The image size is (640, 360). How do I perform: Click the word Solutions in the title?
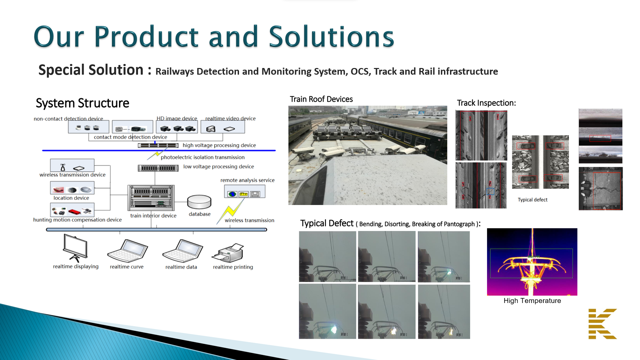coord(331,37)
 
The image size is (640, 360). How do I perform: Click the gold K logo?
coord(602,324)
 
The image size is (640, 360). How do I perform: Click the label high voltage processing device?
coord(219,145)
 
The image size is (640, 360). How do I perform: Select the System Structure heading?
coord(82,103)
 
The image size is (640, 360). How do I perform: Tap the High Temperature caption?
coord(532,301)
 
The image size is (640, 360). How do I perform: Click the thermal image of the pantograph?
coord(532,262)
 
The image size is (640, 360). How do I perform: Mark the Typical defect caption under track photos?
coord(532,200)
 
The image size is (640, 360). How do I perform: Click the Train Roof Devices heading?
coord(321,99)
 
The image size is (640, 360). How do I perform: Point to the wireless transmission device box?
coord(72,165)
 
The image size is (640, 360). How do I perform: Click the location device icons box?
coord(72,188)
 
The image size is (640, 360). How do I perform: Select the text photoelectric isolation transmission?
coord(202,157)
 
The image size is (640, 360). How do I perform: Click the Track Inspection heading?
coord(486,103)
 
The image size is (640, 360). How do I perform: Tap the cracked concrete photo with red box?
coord(600,188)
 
